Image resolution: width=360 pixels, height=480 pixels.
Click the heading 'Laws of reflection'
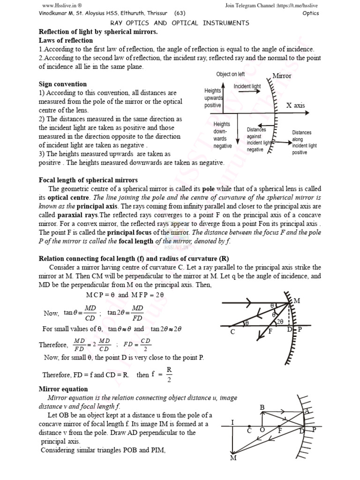click(x=66, y=40)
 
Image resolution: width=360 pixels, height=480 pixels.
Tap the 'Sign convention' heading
click(x=62, y=84)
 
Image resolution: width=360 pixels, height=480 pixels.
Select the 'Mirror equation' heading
click(x=63, y=389)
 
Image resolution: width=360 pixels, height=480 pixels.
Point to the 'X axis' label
click(x=295, y=105)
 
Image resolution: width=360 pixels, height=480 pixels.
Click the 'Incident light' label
click(x=247, y=87)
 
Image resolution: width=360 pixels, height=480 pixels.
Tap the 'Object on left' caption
click(x=230, y=74)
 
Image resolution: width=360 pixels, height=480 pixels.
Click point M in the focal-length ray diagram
click(x=296, y=300)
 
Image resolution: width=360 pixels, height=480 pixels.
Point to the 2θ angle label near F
click(x=280, y=322)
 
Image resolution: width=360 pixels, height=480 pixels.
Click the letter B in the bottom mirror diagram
click(x=262, y=408)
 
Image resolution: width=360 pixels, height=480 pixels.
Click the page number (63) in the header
click(x=179, y=13)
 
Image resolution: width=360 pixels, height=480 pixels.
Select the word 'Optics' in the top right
click(x=311, y=13)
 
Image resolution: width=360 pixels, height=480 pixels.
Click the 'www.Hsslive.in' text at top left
click(x=57, y=5)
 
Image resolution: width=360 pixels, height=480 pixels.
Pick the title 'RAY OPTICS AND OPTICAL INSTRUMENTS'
click(x=180, y=23)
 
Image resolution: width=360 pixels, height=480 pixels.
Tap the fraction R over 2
click(x=169, y=375)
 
